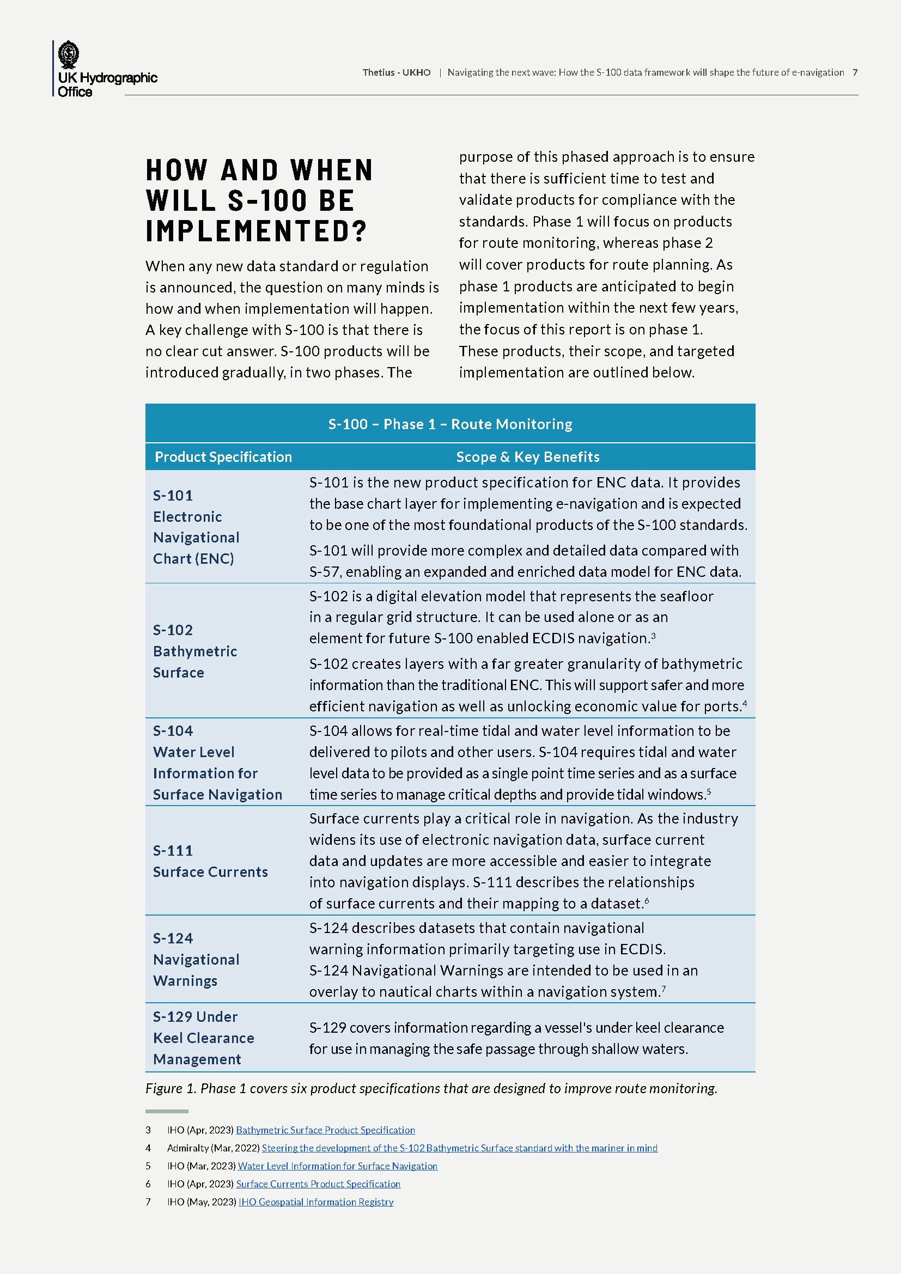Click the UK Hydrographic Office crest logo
coord(69,55)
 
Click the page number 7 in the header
coord(855,72)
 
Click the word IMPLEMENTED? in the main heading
coord(257,231)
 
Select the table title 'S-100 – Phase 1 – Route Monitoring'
coord(450,424)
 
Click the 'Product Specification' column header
coord(223,457)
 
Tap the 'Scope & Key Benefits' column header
coord(528,457)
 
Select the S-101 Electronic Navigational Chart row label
coord(196,527)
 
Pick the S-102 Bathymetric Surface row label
coord(194,651)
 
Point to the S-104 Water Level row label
coord(217,763)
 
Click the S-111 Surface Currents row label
coord(210,861)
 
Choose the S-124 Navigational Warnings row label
coord(196,959)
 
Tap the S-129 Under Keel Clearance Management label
coord(203,1038)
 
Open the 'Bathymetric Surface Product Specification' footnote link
coord(325,1130)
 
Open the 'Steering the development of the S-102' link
coord(459,1148)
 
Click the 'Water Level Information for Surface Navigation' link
coord(337,1166)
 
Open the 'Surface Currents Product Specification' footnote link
coord(318,1184)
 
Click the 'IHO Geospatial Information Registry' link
coord(316,1202)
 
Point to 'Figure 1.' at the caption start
coord(171,1089)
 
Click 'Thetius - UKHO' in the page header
coord(396,72)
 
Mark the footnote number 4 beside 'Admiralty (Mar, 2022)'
coord(148,1148)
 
